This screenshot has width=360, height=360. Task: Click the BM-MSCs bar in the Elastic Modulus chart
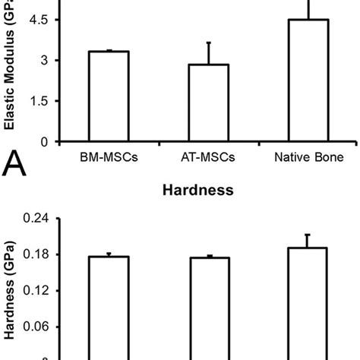tap(109, 96)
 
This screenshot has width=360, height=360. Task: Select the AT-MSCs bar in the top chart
tap(208, 103)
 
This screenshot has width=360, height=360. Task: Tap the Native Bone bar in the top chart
tap(308, 81)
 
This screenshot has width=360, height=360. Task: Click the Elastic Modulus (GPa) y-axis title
tap(11, 72)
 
